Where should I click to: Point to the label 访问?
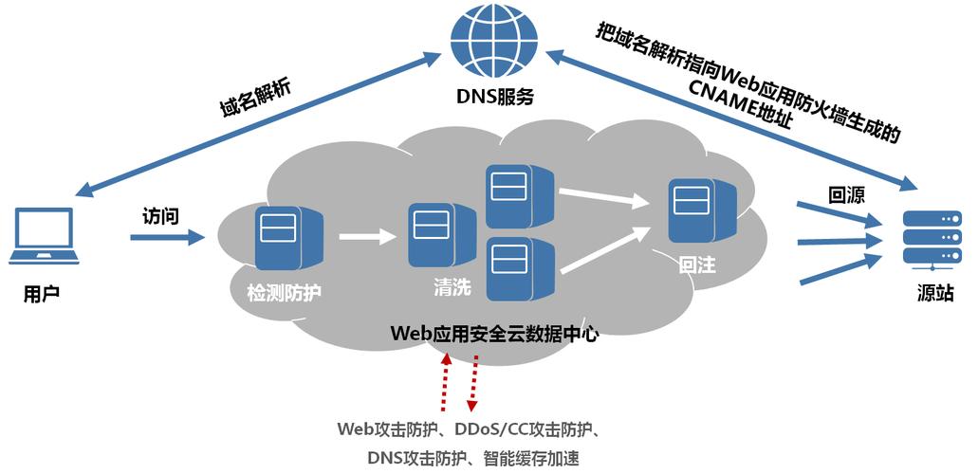pos(160,215)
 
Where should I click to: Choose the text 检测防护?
pos(285,292)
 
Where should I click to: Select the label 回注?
pos(697,266)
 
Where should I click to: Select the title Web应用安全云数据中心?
pos(494,334)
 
